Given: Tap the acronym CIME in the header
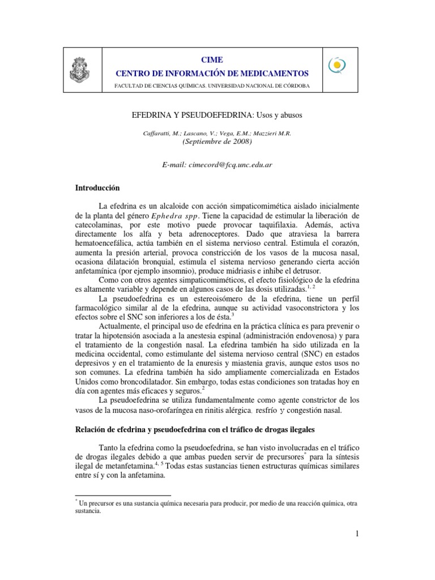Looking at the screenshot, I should (212, 59).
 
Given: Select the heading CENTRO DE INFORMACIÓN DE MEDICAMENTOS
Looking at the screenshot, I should (212, 74).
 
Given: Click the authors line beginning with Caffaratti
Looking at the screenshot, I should (217, 133).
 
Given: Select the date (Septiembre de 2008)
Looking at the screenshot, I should (217, 142).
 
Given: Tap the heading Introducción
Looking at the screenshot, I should (98, 187).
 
